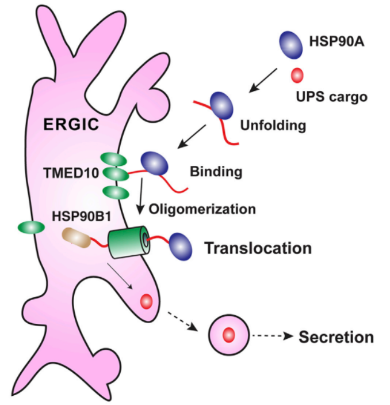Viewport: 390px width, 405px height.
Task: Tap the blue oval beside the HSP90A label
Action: pyautogui.click(x=292, y=43)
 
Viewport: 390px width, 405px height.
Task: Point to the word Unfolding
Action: pyautogui.click(x=272, y=124)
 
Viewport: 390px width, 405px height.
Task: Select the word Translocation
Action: pyautogui.click(x=257, y=248)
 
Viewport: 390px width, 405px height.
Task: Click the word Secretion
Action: pyautogui.click(x=335, y=336)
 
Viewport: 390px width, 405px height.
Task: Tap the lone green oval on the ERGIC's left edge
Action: pyautogui.click(x=31, y=228)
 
